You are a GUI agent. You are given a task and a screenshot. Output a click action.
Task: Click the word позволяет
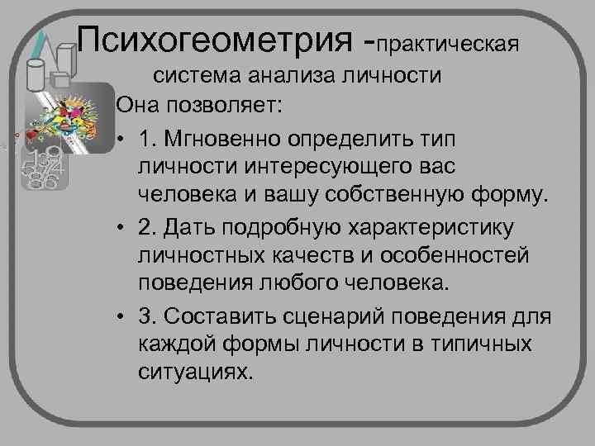pyautogui.click(x=227, y=106)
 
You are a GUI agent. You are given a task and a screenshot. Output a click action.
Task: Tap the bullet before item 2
pyautogui.click(x=121, y=226)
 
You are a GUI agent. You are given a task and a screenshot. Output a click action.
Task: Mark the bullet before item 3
pyautogui.click(x=121, y=316)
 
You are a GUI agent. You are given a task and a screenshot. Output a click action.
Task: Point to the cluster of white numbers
pyautogui.click(x=42, y=169)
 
